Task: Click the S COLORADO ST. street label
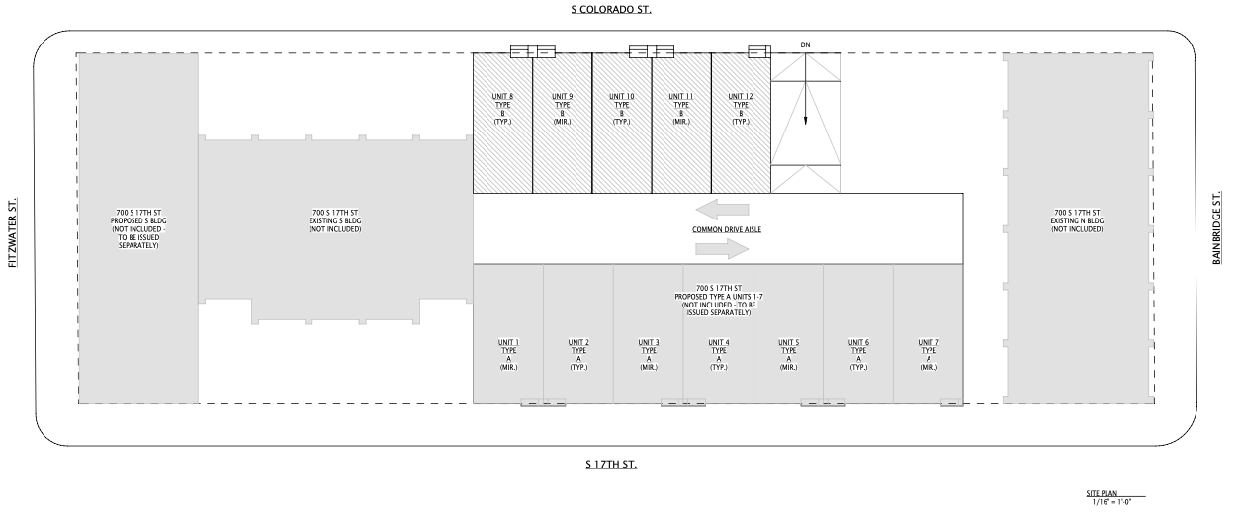click(x=611, y=10)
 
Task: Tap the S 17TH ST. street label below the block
click(x=611, y=464)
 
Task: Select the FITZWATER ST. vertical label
click(x=13, y=232)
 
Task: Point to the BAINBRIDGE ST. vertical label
click(x=1216, y=228)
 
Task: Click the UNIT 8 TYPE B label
click(x=502, y=109)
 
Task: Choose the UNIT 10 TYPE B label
click(x=622, y=109)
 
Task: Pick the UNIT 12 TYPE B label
click(x=741, y=109)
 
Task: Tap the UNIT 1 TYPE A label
click(x=508, y=355)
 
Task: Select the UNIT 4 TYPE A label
click(x=719, y=355)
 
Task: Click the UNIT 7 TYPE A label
click(x=929, y=355)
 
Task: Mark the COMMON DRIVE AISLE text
click(x=726, y=229)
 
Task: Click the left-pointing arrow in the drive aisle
click(x=722, y=210)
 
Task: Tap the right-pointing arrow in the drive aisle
click(x=722, y=248)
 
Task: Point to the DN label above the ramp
click(x=806, y=44)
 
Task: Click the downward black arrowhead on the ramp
click(x=806, y=121)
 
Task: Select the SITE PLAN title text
click(x=1102, y=493)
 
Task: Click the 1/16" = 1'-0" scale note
click(x=1111, y=502)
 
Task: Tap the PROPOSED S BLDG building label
click(x=138, y=229)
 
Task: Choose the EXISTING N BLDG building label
click(x=1077, y=220)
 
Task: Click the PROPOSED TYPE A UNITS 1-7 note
click(x=719, y=301)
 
